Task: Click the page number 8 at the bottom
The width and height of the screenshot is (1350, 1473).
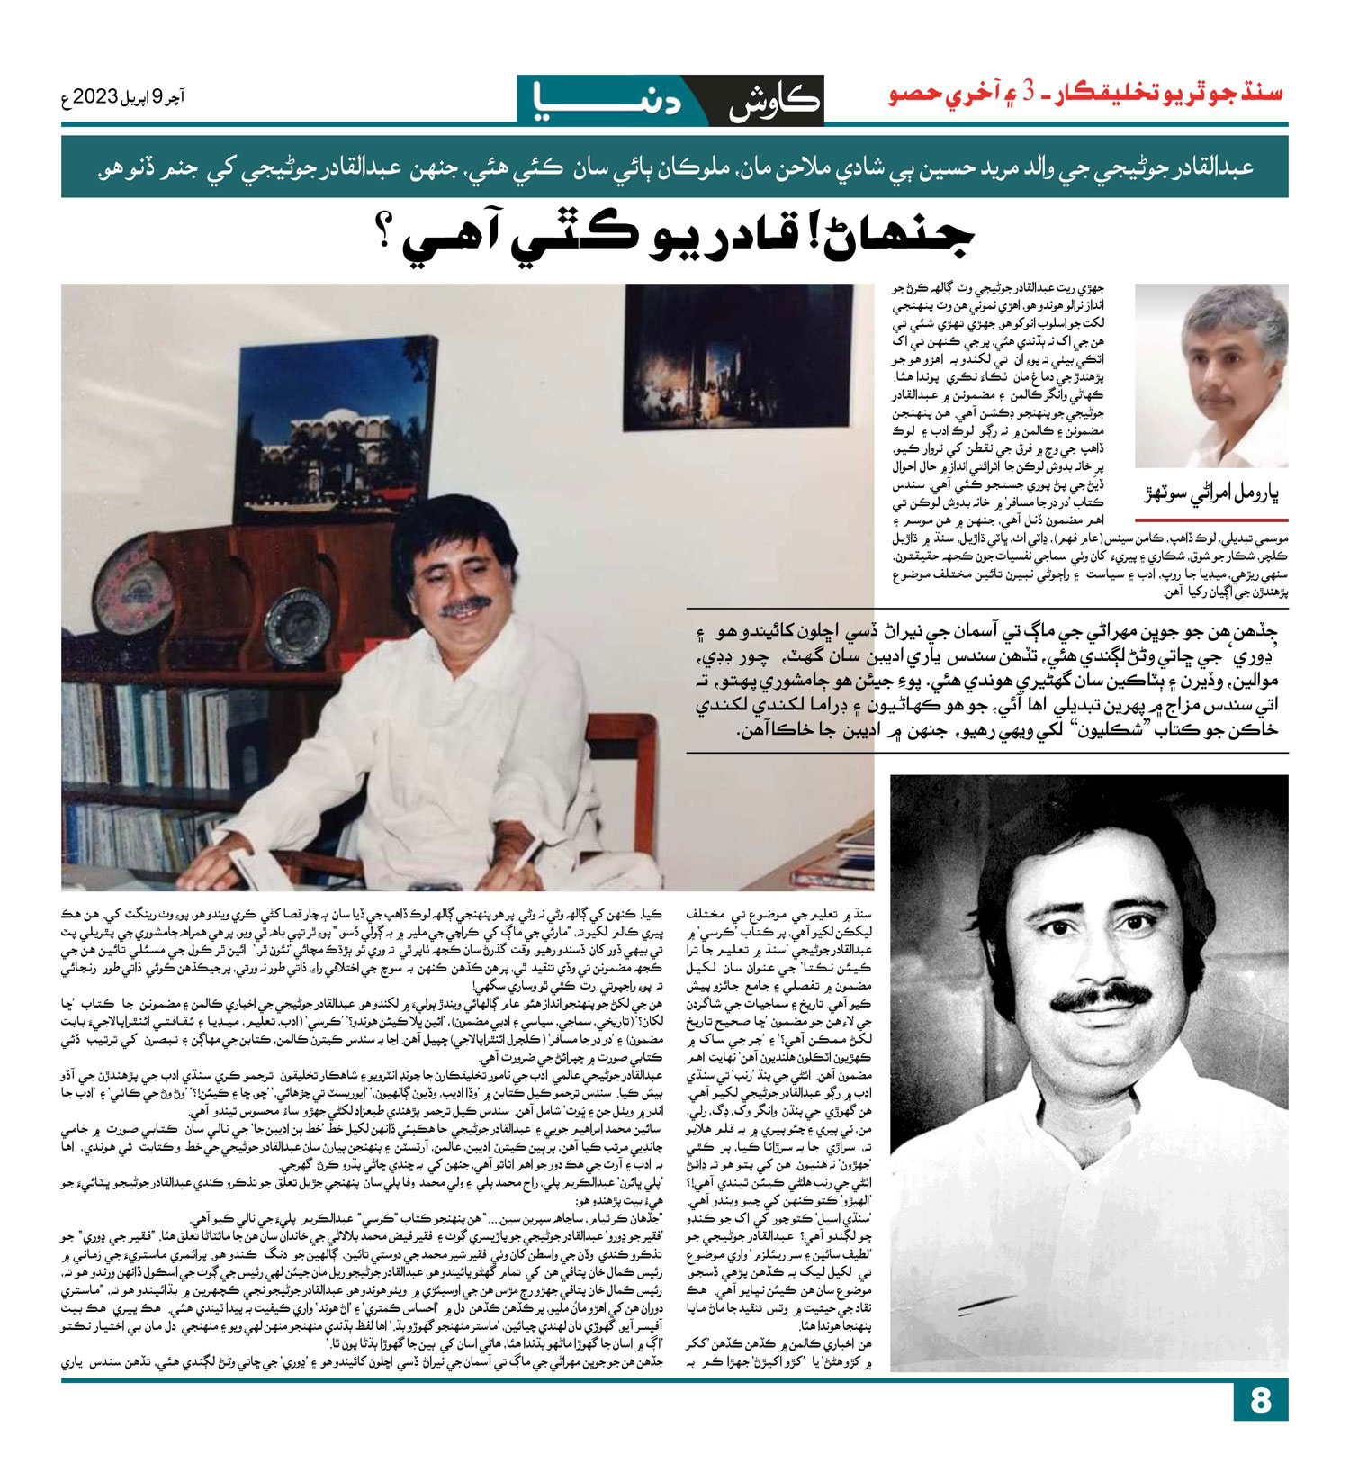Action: [x=1260, y=1401]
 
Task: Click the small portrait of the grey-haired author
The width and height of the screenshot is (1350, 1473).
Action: [x=1211, y=374]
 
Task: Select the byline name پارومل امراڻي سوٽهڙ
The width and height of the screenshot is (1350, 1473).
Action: [x=1211, y=494]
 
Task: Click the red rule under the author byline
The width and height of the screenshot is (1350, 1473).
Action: [x=1211, y=520]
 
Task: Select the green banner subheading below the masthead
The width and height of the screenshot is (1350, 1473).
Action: [x=674, y=167]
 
